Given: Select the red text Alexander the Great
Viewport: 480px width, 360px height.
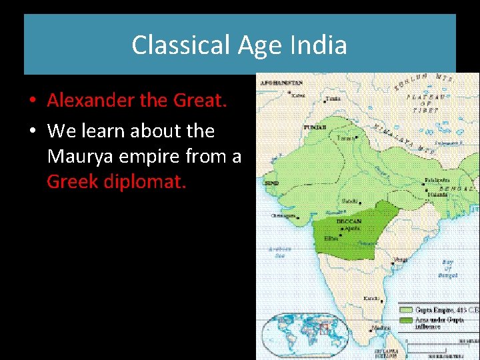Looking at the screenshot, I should (x=137, y=101).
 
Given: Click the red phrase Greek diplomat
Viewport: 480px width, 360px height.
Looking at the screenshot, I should (x=117, y=181).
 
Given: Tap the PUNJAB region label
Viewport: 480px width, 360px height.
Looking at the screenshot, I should (x=315, y=126).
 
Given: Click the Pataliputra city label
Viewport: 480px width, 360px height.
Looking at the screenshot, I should (x=439, y=180).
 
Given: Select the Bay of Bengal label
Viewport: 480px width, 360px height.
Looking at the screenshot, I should (x=447, y=269).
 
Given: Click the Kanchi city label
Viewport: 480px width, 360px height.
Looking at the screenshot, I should (x=371, y=298).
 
